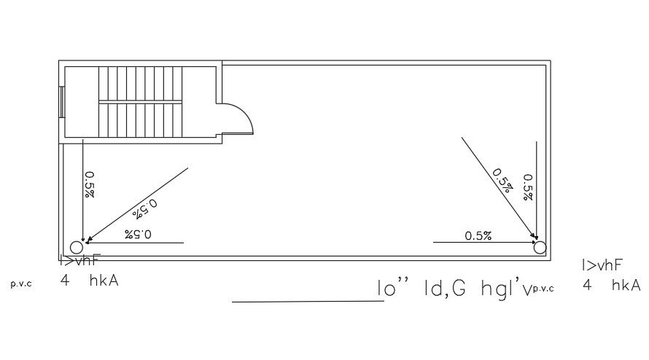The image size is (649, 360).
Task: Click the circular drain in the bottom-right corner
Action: [x=540, y=248]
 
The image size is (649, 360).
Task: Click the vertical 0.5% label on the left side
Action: [x=90, y=184]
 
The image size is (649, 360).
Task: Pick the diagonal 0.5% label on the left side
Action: [x=147, y=208]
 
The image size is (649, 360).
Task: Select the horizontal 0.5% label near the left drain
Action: [x=138, y=234]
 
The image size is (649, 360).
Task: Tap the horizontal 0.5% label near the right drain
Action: [x=478, y=235]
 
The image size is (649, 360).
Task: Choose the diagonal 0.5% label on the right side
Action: [x=502, y=180]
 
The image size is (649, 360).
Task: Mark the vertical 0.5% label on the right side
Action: [x=528, y=187]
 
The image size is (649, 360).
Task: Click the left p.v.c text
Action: [x=21, y=284]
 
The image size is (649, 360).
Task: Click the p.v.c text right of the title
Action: [x=543, y=289]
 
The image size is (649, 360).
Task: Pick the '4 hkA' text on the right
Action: [x=611, y=286]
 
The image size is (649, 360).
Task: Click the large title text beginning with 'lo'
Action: [x=452, y=289]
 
